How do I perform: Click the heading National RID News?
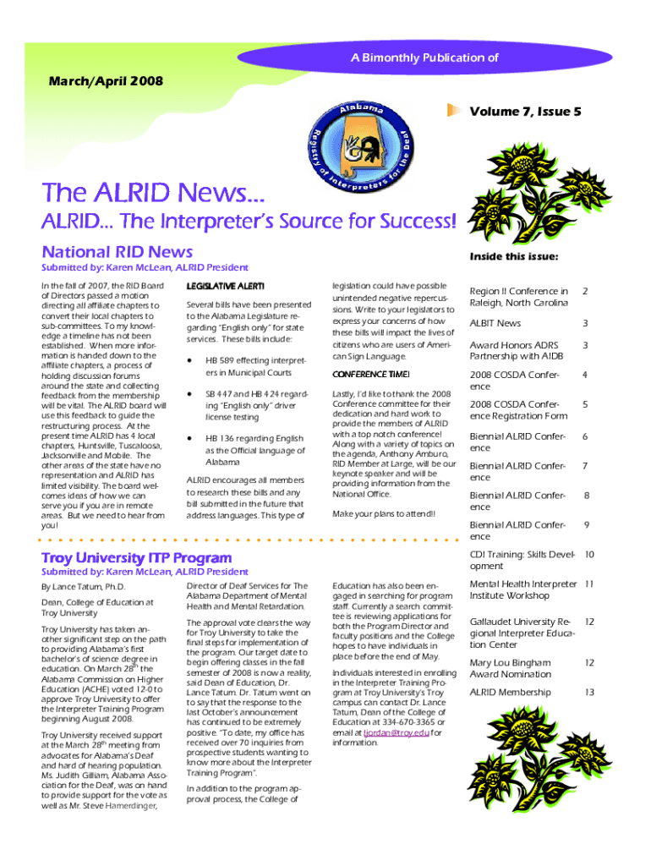pyautogui.click(x=117, y=251)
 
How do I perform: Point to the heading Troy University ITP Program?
pyautogui.click(x=136, y=557)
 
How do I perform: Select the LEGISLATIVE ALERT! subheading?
pyautogui.click(x=225, y=286)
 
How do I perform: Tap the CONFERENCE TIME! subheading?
pyautogui.click(x=371, y=374)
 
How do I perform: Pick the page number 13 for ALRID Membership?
pyautogui.click(x=589, y=693)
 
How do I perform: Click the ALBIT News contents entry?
pyautogui.click(x=495, y=323)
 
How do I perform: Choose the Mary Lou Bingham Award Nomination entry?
pyautogui.click(x=510, y=668)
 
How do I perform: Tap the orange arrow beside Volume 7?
pyautogui.click(x=455, y=110)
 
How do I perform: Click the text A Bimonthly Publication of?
pyautogui.click(x=424, y=58)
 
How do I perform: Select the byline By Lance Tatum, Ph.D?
pyautogui.click(x=84, y=586)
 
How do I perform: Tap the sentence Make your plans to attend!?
pyautogui.click(x=385, y=513)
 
